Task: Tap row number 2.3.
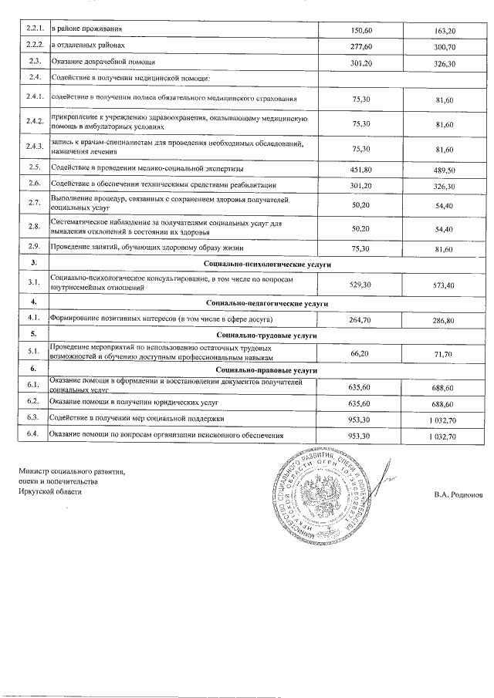click(x=34, y=62)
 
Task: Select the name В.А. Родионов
click(x=458, y=495)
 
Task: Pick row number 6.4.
click(x=33, y=436)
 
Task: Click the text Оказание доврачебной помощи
click(x=103, y=62)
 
